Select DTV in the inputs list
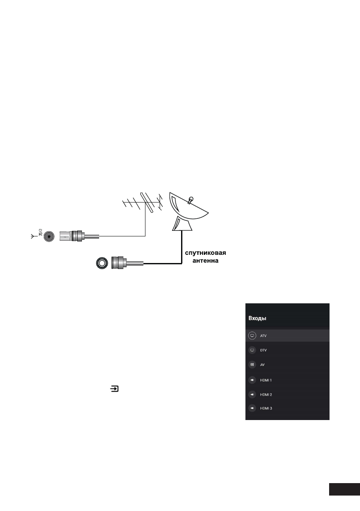263,350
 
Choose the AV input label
263,365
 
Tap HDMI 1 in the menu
266,380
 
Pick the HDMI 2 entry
266,394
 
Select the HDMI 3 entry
266,408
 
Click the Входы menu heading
257,319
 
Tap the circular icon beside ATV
252,335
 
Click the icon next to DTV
252,350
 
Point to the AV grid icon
252,365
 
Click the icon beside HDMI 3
252,408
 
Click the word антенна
206,260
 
